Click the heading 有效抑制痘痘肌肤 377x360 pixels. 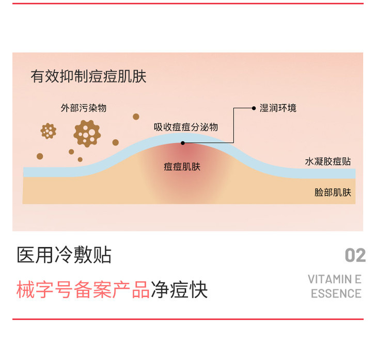88,77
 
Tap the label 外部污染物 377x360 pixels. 83,108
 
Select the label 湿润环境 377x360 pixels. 278,108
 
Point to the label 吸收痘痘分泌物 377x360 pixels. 186,127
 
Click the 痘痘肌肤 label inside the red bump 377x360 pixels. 182,167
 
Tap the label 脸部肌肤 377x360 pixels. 333,192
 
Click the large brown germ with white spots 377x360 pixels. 87,133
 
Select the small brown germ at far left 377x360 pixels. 48,131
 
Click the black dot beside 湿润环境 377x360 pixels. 254,108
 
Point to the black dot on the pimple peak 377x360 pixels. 182,142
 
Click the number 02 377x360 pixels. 355,255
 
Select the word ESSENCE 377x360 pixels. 336,293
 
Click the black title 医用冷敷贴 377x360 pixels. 64,255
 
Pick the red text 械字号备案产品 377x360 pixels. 83,290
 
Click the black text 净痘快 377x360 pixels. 179,290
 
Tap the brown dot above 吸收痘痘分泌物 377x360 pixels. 136,117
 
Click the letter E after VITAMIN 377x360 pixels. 357,280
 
